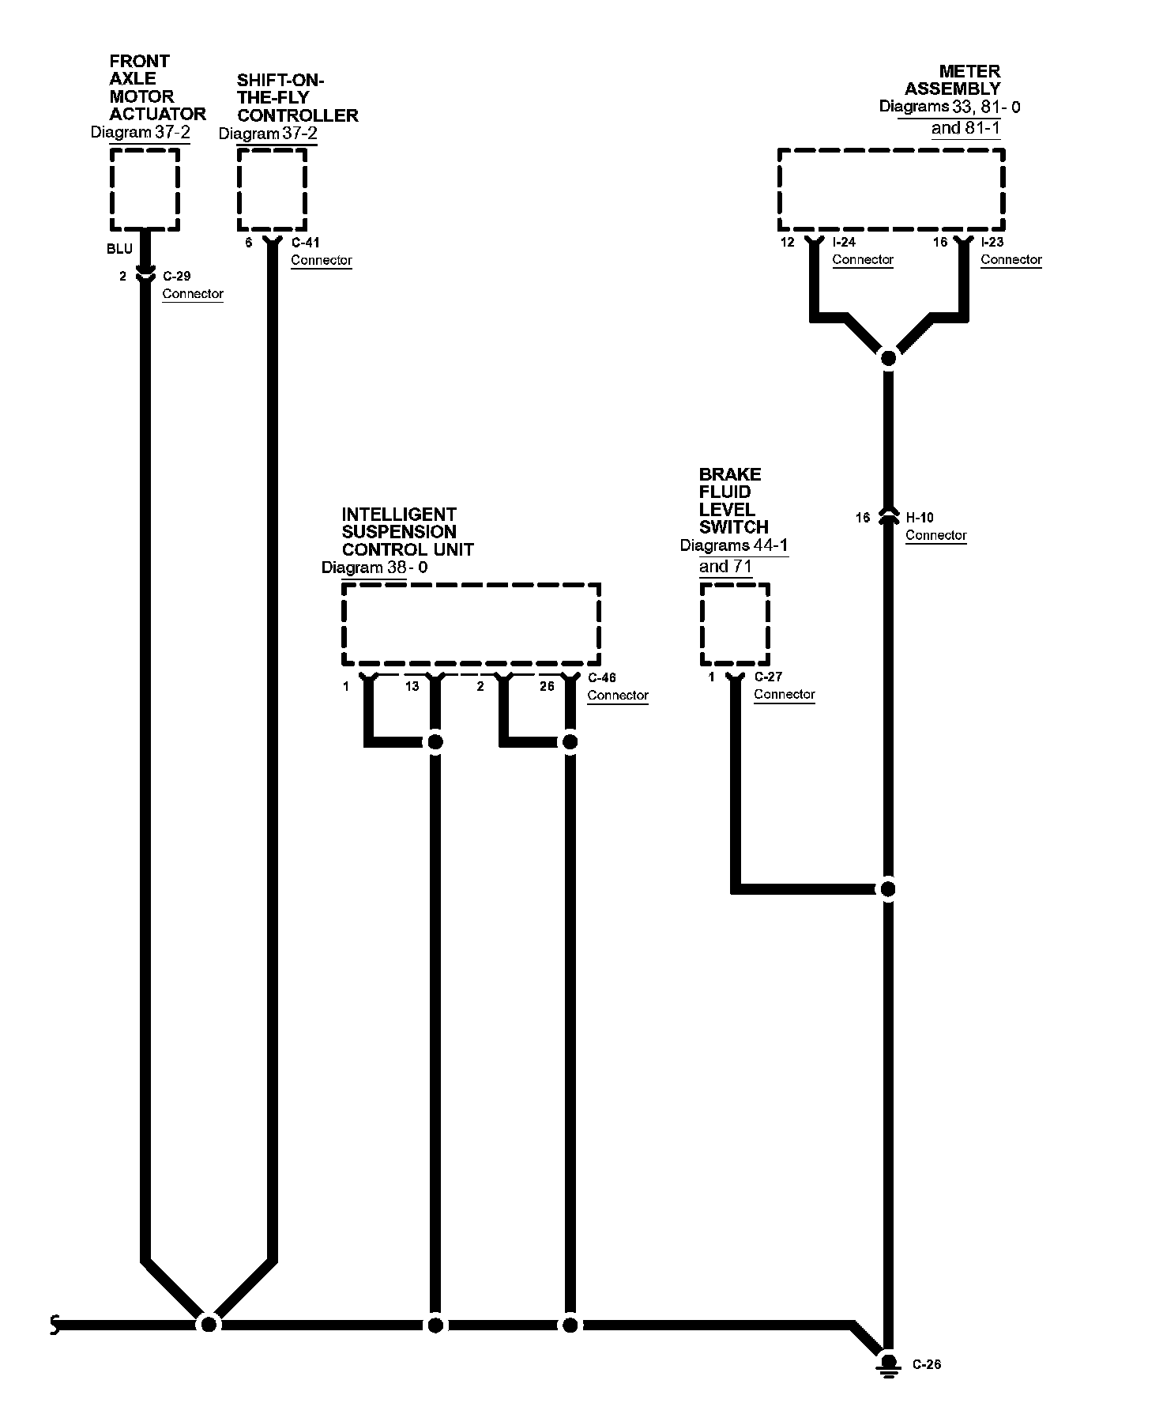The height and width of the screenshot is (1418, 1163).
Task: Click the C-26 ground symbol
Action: [888, 1364]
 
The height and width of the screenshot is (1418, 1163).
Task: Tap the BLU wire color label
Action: [119, 249]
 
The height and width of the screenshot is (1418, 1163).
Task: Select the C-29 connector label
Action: [176, 277]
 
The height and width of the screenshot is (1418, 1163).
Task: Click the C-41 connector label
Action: [305, 243]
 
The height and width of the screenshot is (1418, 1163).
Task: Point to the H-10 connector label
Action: [919, 518]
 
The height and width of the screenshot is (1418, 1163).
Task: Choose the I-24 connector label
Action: [844, 242]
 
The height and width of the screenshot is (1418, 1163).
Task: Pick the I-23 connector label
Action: [992, 242]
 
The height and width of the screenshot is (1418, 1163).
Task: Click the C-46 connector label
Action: [602, 677]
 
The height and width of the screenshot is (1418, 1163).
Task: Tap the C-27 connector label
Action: [768, 677]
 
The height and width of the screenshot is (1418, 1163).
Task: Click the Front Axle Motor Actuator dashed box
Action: [145, 190]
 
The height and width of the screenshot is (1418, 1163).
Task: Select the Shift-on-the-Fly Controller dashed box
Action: [272, 190]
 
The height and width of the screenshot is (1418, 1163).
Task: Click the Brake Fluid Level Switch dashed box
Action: [735, 624]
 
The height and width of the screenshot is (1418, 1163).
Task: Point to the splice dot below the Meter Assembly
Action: [888, 358]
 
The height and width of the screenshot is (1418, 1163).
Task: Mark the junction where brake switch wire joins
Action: [888, 889]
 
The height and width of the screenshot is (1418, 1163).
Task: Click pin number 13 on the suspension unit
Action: [412, 686]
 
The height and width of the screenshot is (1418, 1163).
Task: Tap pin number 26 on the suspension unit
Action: [547, 686]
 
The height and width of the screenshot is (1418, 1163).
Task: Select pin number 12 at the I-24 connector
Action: [787, 242]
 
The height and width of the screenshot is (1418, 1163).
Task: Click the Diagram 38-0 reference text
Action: [374, 568]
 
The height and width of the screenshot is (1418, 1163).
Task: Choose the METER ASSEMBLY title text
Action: [953, 80]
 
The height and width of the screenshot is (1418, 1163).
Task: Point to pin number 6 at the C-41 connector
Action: [248, 243]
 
